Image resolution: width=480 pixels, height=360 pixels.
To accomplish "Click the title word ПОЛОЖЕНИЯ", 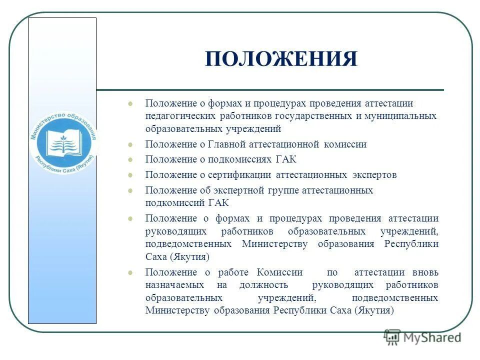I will coord(281,59).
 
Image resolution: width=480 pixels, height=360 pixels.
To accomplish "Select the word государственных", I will coord(315,116).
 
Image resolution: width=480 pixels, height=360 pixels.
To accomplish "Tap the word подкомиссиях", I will coord(236,160).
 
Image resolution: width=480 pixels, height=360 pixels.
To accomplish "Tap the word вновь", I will coord(425,272).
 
